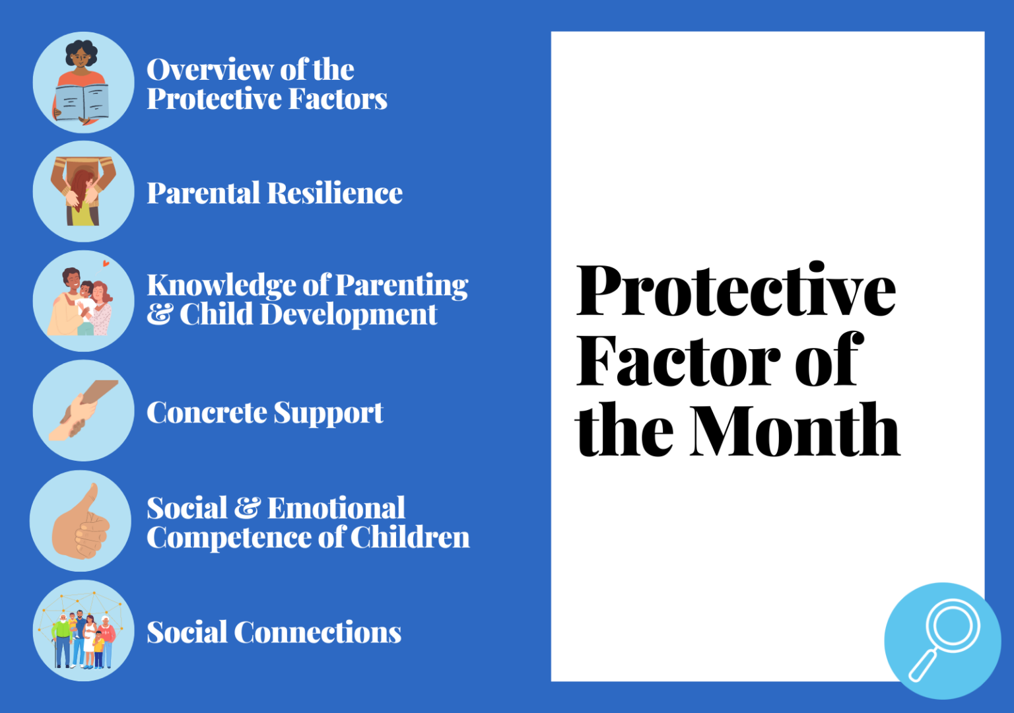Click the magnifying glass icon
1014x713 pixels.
(x=943, y=640)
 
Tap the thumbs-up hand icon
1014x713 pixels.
(x=81, y=522)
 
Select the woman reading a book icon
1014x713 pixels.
(x=83, y=83)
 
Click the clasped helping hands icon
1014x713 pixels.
(x=83, y=411)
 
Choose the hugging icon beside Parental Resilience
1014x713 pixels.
(x=83, y=191)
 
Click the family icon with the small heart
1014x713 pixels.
(x=83, y=301)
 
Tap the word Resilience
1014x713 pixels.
(x=335, y=193)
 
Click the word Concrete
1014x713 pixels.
(x=206, y=413)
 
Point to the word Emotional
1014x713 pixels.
(x=336, y=508)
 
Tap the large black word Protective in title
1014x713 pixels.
(x=735, y=290)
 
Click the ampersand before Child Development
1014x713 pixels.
(x=160, y=315)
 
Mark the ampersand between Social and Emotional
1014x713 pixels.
(x=248, y=508)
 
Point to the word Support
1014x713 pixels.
(x=328, y=413)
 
